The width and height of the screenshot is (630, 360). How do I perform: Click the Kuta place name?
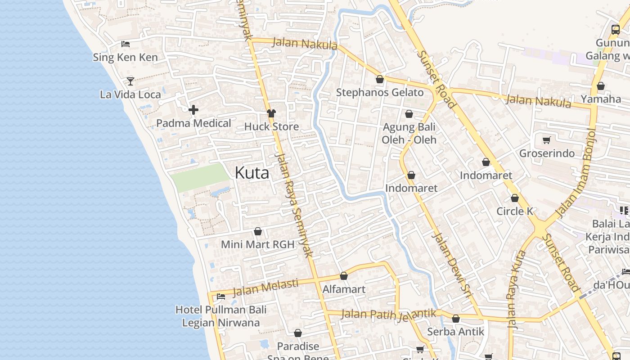(x=252, y=173)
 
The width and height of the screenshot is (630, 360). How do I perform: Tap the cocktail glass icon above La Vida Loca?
(x=130, y=81)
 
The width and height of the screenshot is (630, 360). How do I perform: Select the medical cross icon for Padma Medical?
(x=193, y=110)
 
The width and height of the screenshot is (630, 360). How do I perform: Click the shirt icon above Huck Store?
(x=271, y=113)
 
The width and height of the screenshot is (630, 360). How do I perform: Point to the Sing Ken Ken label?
(x=125, y=57)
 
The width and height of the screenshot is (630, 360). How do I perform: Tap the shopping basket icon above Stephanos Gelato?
(x=380, y=79)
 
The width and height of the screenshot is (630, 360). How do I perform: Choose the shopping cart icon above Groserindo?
(x=547, y=140)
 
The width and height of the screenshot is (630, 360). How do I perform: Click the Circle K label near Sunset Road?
(x=515, y=211)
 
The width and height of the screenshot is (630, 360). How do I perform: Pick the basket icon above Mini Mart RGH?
(x=258, y=231)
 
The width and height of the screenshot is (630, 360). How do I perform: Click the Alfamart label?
(x=344, y=289)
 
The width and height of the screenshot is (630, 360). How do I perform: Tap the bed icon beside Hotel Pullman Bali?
(x=221, y=296)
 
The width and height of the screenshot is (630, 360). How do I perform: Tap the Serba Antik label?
(x=455, y=332)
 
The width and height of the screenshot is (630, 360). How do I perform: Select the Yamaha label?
(x=601, y=99)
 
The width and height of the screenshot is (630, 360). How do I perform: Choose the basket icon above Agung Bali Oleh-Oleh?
(x=409, y=114)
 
